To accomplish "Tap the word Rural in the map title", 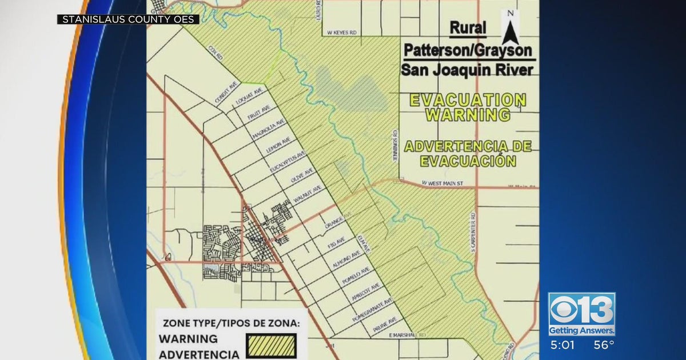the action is [x=468, y=27].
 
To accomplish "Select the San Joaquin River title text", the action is [x=467, y=70].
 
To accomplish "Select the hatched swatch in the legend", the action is [x=272, y=346].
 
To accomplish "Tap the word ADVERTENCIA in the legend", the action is [x=199, y=354].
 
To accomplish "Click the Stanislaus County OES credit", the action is [x=128, y=19].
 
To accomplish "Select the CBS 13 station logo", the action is [x=581, y=314].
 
